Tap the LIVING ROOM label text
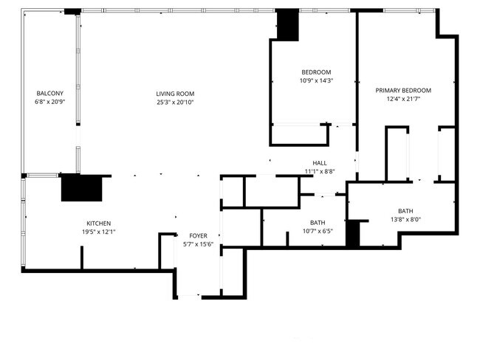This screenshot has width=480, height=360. (175, 93)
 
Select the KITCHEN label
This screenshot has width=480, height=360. (99, 223)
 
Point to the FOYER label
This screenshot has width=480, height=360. (198, 235)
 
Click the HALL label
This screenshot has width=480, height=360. (320, 163)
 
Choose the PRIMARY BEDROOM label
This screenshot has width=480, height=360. (403, 90)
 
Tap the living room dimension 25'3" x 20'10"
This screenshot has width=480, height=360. (175, 102)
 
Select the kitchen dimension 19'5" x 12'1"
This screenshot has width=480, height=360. (99, 232)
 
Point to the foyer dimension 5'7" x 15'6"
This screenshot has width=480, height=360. (198, 243)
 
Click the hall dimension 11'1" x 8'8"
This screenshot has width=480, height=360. (320, 171)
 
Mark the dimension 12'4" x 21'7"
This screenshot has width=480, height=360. (403, 99)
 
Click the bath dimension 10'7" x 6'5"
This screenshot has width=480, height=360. (318, 231)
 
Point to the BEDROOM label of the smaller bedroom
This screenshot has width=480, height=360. (316, 72)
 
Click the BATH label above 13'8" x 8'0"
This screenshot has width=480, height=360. (405, 210)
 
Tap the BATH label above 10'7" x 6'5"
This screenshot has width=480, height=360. (318, 223)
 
